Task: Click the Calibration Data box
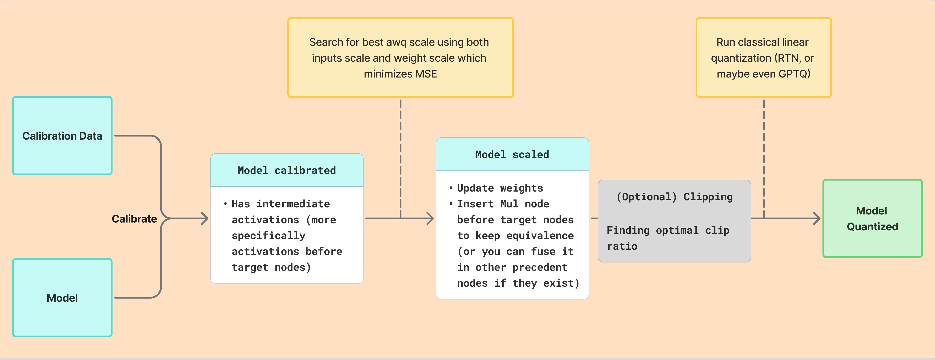[62, 136]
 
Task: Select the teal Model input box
[62, 298]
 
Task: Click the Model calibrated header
[287, 170]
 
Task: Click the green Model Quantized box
[872, 218]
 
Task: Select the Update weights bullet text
[500, 188]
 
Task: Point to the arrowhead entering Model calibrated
[205, 218]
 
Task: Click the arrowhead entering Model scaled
[431, 218]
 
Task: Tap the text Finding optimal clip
[668, 231]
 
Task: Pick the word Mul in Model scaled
[509, 204]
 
